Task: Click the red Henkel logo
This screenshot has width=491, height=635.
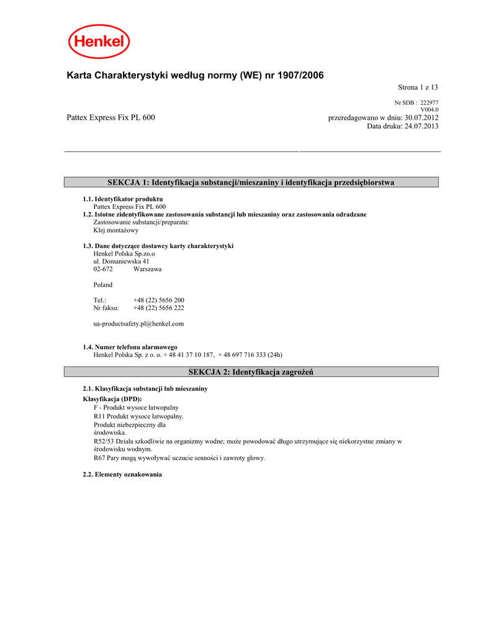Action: coord(99,42)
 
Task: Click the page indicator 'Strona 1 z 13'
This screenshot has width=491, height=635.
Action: coord(418,88)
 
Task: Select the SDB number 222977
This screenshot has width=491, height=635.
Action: coord(429,103)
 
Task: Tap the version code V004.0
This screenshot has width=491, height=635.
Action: coord(430,110)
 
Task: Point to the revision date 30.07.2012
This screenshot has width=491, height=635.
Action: coord(421,117)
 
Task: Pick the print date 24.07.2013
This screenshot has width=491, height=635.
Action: coord(421,126)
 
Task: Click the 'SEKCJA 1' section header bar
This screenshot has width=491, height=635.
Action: coord(251,182)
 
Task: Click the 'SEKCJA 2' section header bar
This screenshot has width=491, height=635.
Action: coord(251,372)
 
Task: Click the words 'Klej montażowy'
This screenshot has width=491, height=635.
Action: coord(116,230)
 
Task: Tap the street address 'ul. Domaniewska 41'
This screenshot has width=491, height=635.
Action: coord(121,262)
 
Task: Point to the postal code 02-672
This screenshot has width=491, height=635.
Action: coord(103,270)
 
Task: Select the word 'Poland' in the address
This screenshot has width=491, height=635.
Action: coord(103,285)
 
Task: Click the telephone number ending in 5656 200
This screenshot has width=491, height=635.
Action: coord(158,300)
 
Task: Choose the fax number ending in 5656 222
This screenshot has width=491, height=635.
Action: coord(158,308)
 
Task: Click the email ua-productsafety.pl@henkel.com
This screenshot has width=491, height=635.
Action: coord(138,324)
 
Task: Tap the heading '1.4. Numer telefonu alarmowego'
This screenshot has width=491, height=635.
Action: coord(130,347)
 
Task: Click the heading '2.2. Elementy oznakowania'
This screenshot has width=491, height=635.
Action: coord(122,474)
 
